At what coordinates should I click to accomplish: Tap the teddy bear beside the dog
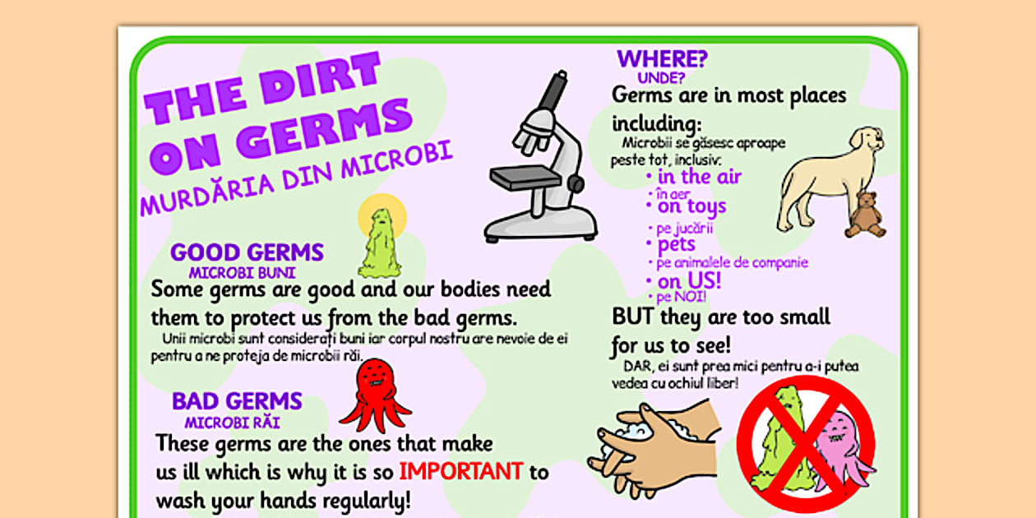pyautogui.click(x=864, y=215)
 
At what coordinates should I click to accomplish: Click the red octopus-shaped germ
pyautogui.click(x=375, y=395)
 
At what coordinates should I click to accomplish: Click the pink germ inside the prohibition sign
pyautogui.click(x=839, y=449)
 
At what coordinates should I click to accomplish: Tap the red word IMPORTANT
pyautogui.click(x=460, y=471)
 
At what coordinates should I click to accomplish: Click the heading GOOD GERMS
pyautogui.click(x=247, y=252)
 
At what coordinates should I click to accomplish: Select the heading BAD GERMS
pyautogui.click(x=237, y=401)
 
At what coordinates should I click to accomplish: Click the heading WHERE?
pyautogui.click(x=663, y=59)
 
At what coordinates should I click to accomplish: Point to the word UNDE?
pyautogui.click(x=661, y=79)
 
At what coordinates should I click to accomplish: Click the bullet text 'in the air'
pyautogui.click(x=699, y=177)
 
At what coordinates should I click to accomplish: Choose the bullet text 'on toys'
pyautogui.click(x=691, y=206)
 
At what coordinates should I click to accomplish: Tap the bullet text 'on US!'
pyautogui.click(x=689, y=281)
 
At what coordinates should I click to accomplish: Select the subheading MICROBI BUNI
pyautogui.click(x=242, y=273)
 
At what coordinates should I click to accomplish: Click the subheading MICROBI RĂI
pyautogui.click(x=232, y=423)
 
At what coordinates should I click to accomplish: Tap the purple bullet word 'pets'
pyautogui.click(x=676, y=245)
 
